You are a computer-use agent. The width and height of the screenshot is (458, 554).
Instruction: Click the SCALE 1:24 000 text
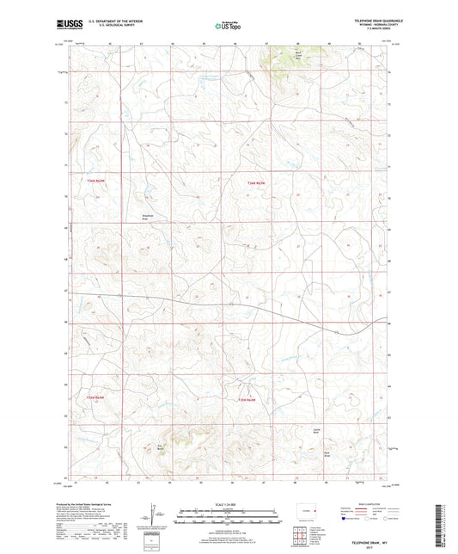click(228, 503)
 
